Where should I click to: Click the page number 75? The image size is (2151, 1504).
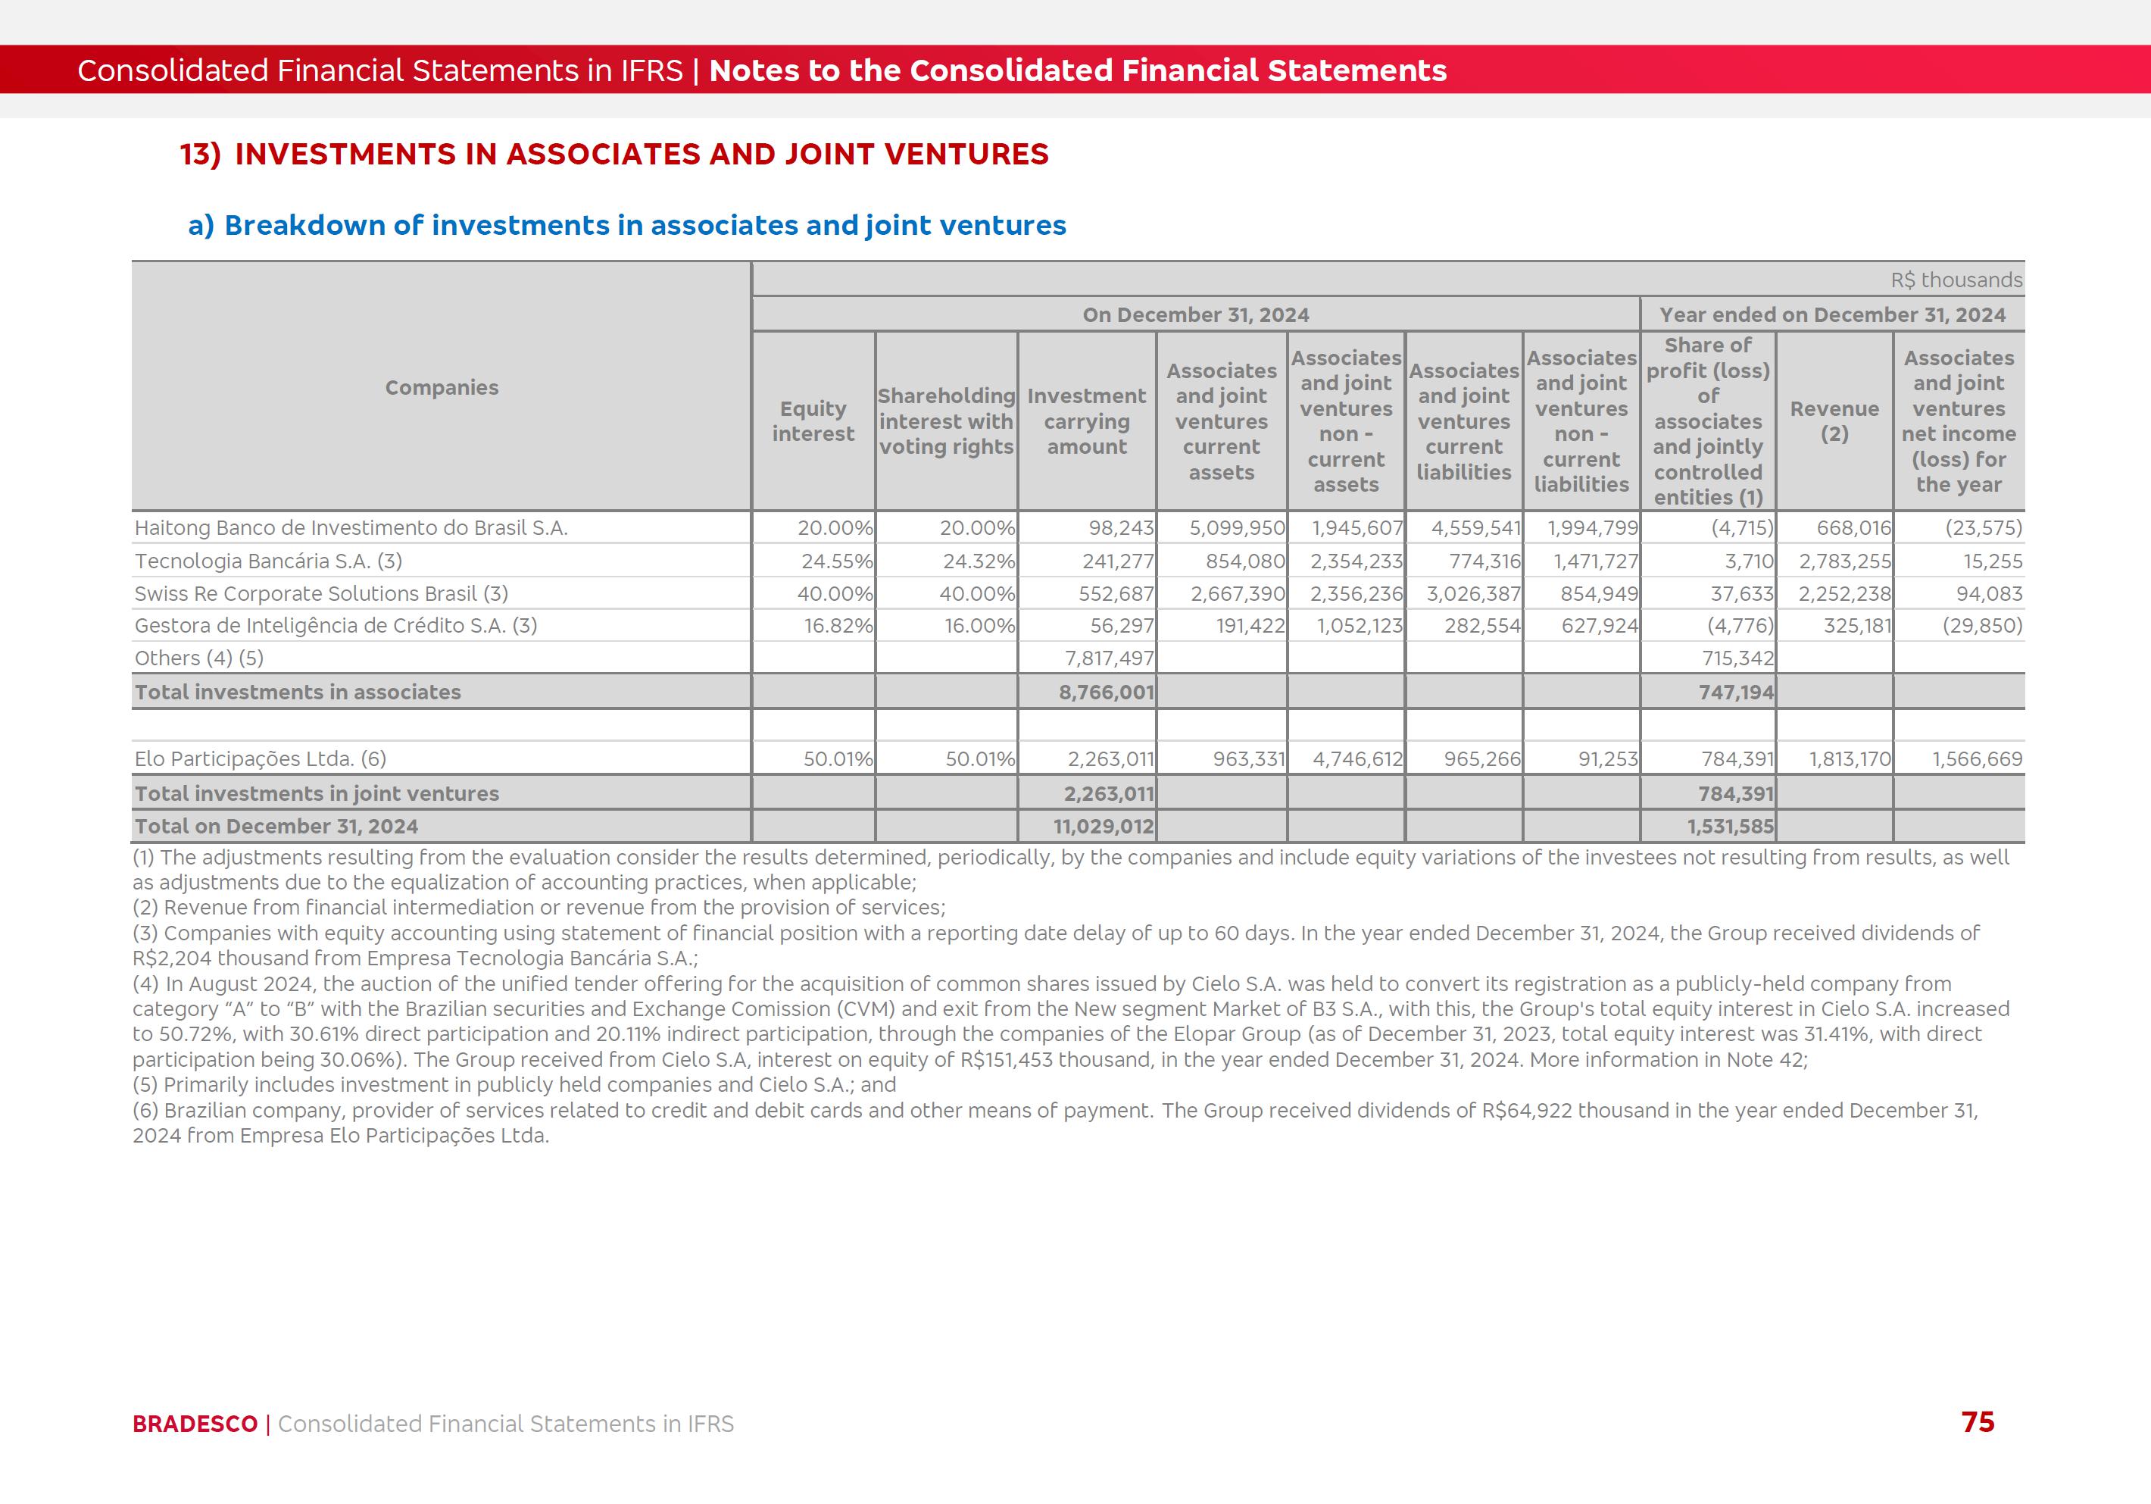point(1977,1421)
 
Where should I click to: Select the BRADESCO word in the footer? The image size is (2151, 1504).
point(195,1424)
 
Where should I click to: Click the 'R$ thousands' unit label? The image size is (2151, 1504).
point(1956,280)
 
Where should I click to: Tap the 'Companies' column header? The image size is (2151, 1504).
point(442,388)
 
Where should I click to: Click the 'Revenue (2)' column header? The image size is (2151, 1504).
point(1834,422)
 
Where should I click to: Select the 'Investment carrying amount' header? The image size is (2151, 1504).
point(1086,422)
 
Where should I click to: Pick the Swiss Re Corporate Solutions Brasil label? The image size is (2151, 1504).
point(321,594)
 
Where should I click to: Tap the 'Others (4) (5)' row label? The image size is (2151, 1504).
point(199,658)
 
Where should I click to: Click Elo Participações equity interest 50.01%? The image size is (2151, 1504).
point(838,759)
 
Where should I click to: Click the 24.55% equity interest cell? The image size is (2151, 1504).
point(837,561)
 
